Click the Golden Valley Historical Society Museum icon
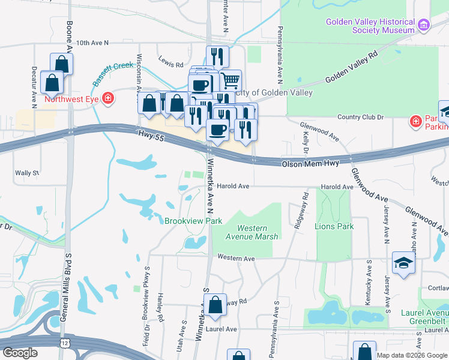[424, 25]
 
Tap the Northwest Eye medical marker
[108, 98]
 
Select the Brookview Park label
[194, 221]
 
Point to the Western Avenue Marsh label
[258, 232]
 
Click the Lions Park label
[334, 226]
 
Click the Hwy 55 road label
[150, 136]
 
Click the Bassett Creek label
[112, 73]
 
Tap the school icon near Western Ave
[403, 263]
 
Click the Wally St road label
[27, 173]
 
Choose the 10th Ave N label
[92, 43]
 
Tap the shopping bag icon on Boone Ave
[62, 63]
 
